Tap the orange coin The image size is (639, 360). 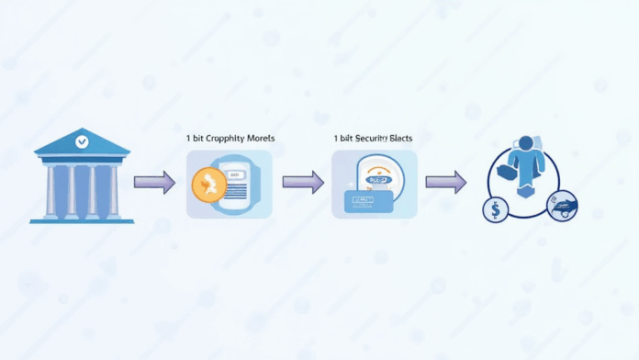pos(208,186)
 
